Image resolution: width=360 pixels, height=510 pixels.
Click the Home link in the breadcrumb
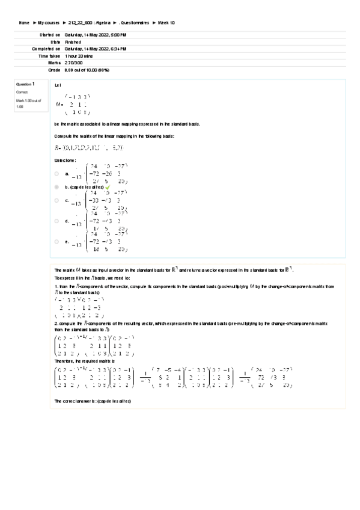(24, 22)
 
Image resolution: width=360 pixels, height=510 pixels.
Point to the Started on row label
(50, 35)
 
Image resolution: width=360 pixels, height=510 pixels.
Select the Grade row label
(54, 69)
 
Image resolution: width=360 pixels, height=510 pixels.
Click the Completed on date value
(95, 49)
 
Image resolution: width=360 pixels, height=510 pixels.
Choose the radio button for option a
(56, 173)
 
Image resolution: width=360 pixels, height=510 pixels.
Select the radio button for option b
(56, 187)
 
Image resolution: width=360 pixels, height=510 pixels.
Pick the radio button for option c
(56, 201)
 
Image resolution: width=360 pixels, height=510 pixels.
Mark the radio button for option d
(56, 221)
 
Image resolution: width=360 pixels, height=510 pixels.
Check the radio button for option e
(56, 241)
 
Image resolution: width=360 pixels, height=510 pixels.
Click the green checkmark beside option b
(108, 187)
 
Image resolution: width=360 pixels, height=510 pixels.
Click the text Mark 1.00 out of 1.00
(28, 103)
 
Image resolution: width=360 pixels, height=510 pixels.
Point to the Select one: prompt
(65, 161)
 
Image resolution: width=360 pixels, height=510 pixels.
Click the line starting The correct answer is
(93, 401)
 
